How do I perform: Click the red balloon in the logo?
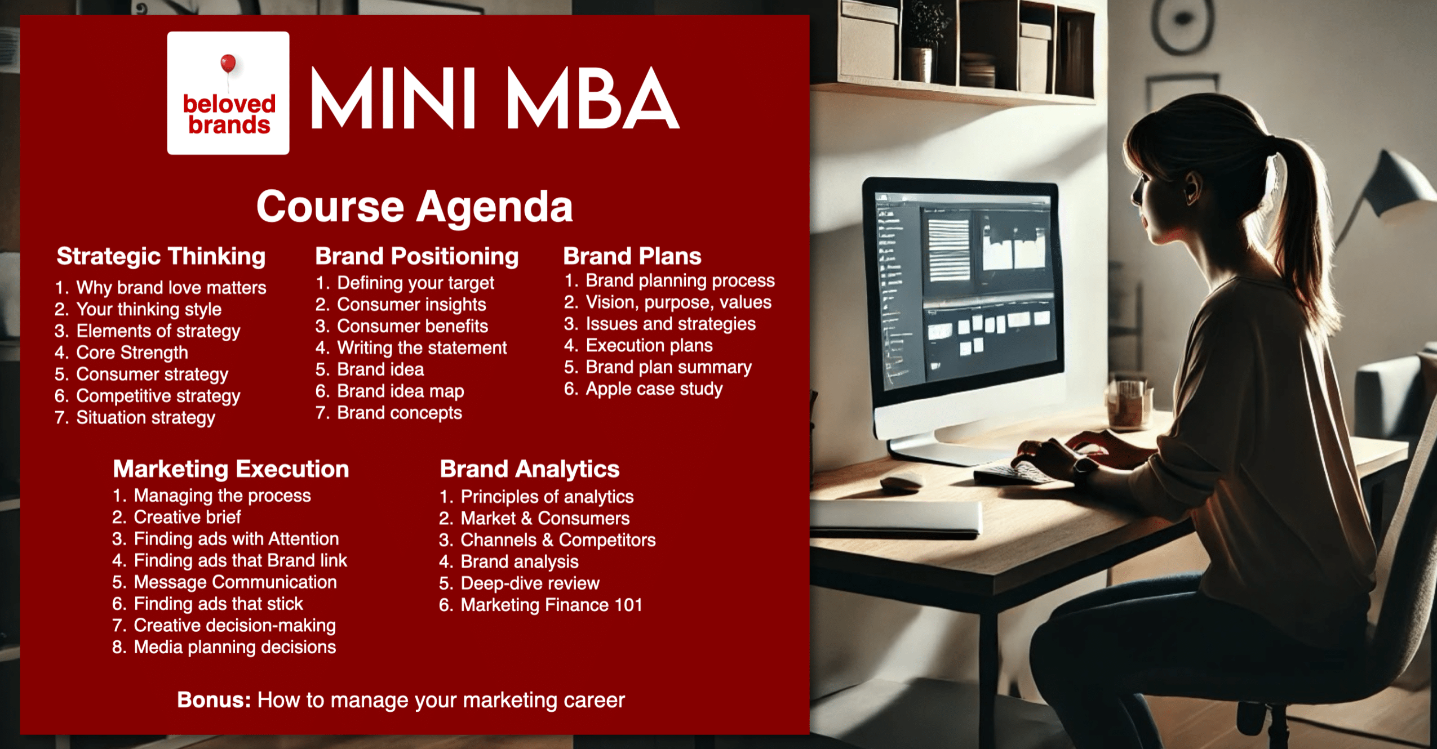pyautogui.click(x=228, y=63)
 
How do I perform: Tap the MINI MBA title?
pyautogui.click(x=495, y=98)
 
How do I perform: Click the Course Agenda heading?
pyautogui.click(x=414, y=207)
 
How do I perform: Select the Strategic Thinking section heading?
pyautogui.click(x=161, y=257)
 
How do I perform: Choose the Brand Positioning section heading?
pyautogui.click(x=416, y=257)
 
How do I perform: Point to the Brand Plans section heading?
pyautogui.click(x=632, y=256)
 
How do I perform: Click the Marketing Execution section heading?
pyautogui.click(x=231, y=469)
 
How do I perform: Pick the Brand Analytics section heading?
pyautogui.click(x=530, y=469)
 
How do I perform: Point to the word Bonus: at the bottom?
pyautogui.click(x=214, y=700)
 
